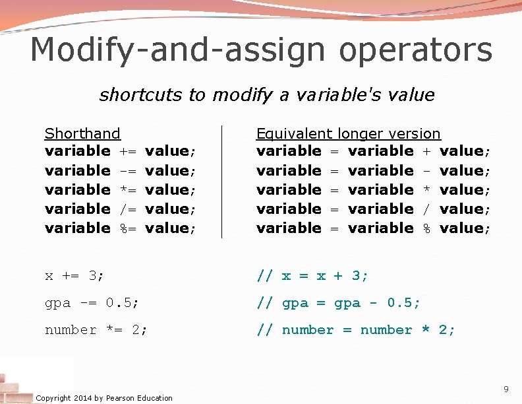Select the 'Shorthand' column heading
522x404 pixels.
point(82,134)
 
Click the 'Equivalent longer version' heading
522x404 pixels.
point(348,134)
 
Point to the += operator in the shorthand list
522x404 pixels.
point(128,152)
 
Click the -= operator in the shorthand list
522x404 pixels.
point(128,171)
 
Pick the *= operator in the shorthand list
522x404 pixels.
point(128,190)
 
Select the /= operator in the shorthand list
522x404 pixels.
point(128,209)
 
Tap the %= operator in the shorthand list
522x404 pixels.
point(128,228)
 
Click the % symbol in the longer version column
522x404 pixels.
point(426,228)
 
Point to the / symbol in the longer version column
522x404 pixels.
point(426,209)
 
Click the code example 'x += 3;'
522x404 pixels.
point(74,276)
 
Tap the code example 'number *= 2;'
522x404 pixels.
point(96,330)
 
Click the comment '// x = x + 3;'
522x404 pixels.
point(312,276)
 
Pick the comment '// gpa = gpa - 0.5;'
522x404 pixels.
point(338,303)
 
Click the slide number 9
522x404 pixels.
point(506,388)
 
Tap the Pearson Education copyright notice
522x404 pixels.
point(104,397)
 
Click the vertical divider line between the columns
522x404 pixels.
point(221,182)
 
